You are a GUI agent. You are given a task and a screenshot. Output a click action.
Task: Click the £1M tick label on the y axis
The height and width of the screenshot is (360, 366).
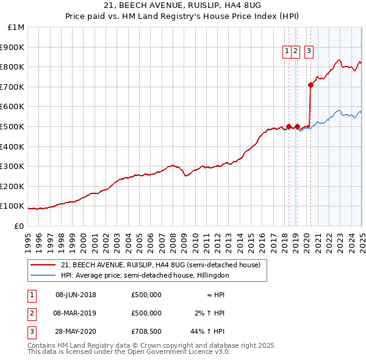coord(16,27)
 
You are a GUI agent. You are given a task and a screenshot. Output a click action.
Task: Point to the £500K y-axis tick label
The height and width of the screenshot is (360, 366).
coord(13,126)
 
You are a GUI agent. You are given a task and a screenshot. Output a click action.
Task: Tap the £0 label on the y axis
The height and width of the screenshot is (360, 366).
coord(19,226)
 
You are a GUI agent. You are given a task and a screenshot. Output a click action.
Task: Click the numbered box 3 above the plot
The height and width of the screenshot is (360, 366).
coord(309,52)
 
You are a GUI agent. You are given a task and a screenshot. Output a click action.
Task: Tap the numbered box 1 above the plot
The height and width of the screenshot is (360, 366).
coord(287,52)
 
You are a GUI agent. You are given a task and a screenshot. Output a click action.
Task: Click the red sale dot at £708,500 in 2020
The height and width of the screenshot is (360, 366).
coord(310,85)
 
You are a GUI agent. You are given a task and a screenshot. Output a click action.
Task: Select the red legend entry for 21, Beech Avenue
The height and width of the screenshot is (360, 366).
coord(160,265)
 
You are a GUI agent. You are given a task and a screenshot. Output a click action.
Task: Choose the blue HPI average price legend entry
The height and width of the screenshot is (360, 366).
coord(145,275)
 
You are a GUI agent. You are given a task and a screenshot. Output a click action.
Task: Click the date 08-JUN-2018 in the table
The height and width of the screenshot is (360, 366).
coord(76,295)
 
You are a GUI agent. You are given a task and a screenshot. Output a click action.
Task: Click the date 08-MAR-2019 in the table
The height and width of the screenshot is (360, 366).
coord(76,313)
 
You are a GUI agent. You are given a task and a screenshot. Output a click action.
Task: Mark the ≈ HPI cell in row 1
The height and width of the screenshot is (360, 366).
coord(212,295)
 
